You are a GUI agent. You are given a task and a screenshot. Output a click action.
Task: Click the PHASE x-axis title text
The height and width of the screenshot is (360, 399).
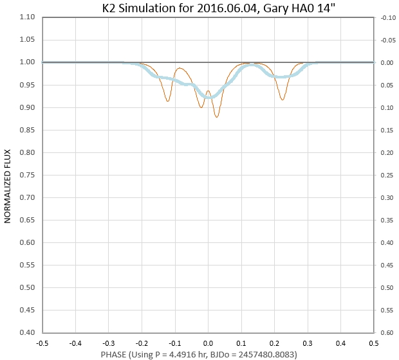[x=207, y=354]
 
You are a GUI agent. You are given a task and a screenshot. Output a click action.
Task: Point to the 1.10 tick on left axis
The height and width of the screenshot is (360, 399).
[x=27, y=17]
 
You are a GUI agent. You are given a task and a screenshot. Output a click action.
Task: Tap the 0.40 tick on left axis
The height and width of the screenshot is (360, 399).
[x=27, y=332]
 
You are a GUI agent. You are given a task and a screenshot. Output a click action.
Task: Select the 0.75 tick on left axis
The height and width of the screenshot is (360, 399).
[x=27, y=175]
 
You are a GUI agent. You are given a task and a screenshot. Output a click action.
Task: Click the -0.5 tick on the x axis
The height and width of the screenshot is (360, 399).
[x=42, y=343]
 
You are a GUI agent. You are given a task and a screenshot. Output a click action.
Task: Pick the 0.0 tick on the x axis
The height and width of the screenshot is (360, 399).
[x=208, y=343]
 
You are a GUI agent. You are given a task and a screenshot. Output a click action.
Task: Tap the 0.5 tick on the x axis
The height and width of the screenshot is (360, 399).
[x=373, y=343]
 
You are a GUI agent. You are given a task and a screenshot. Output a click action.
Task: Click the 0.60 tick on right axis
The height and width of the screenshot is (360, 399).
[x=387, y=332]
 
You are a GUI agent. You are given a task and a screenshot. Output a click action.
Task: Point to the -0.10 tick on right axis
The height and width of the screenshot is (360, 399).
[x=387, y=17]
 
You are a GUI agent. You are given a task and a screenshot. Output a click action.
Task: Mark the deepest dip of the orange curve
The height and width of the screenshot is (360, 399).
[x=217, y=117]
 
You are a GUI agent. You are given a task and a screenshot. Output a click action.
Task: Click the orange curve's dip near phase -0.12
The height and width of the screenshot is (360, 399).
[x=168, y=101]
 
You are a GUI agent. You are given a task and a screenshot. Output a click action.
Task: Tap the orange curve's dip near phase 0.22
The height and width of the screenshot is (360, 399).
[x=283, y=100]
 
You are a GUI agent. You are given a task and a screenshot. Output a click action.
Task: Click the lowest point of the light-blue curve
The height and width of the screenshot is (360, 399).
[x=208, y=98]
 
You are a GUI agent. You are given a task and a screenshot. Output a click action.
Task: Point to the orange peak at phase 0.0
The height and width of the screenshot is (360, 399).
[x=208, y=91]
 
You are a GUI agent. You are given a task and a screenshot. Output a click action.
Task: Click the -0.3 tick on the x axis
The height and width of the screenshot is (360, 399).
[x=109, y=343]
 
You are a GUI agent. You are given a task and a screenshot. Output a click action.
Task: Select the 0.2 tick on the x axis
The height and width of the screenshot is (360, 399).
[x=274, y=343]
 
